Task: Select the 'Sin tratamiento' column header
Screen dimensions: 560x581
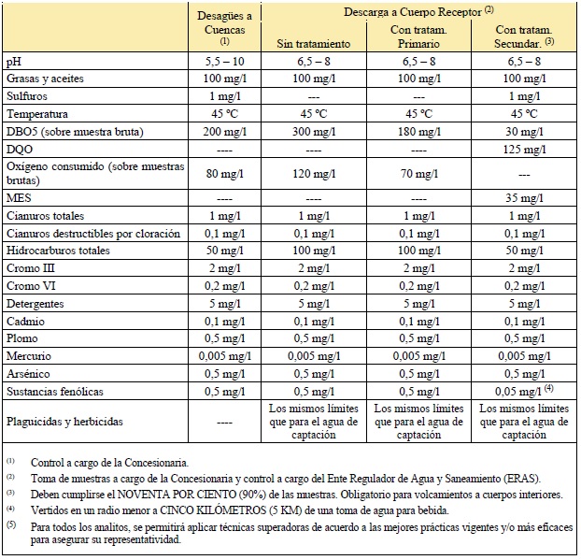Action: (313, 43)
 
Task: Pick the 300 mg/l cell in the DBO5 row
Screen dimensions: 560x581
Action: (313, 131)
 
